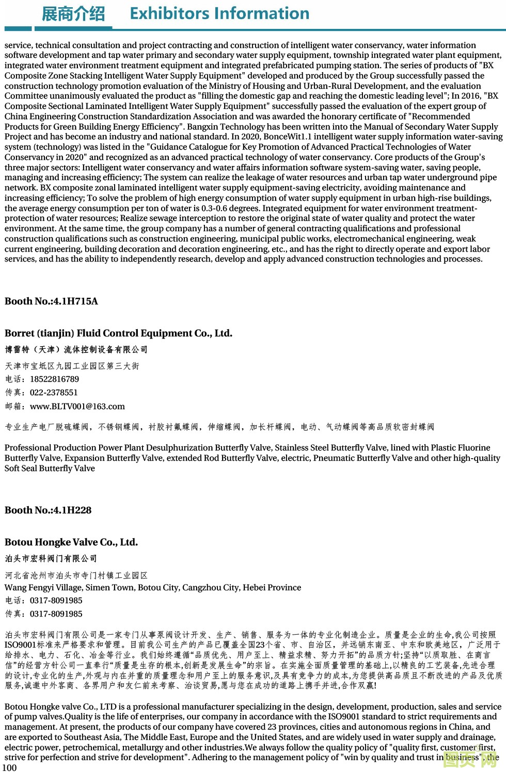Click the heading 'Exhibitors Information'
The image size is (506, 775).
tap(219, 13)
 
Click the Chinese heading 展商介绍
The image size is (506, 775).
tap(73, 14)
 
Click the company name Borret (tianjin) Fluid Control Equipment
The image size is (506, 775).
tap(118, 333)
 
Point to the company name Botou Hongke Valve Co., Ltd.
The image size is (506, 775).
tap(71, 542)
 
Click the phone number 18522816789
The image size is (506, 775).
tap(54, 379)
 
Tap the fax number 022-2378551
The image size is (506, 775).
tap(54, 393)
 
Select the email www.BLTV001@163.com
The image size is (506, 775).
tap(77, 407)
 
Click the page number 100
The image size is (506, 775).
tap(10, 768)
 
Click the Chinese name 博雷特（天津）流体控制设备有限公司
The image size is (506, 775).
tap(76, 350)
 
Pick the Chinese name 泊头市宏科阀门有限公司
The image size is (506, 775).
tap(51, 559)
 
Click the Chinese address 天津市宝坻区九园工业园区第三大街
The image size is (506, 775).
tap(72, 366)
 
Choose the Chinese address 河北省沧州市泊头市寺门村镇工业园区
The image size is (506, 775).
tap(76, 575)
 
